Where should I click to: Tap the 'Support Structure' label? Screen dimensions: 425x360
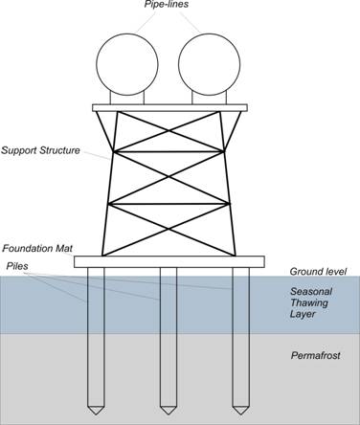42,150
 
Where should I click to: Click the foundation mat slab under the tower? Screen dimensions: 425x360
169,261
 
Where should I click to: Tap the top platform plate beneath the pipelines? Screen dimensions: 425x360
169,107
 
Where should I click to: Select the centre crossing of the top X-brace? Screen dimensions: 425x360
169,131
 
